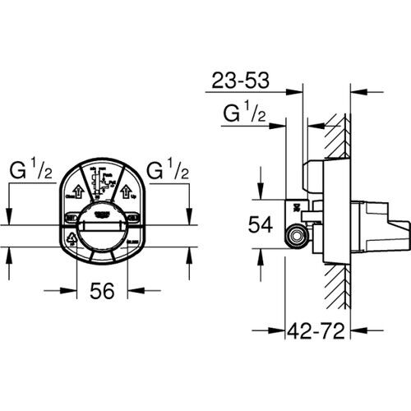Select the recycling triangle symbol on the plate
click(x=72, y=240)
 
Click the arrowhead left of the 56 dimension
click(x=71, y=289)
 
